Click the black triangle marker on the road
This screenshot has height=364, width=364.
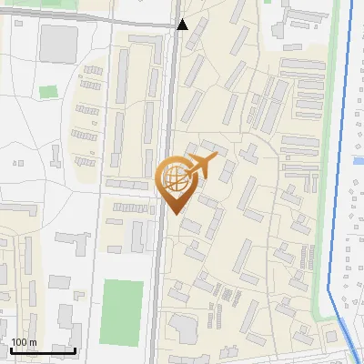[x=183, y=25]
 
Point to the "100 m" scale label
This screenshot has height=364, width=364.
[x=24, y=342]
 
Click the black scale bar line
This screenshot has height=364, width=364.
[x=43, y=350]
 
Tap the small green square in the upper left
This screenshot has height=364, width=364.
[x=48, y=92]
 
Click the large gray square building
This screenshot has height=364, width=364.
[x=59, y=41]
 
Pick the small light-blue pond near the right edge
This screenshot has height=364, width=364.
[x=358, y=161]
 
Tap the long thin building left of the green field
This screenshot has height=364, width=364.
[x=91, y=300]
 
